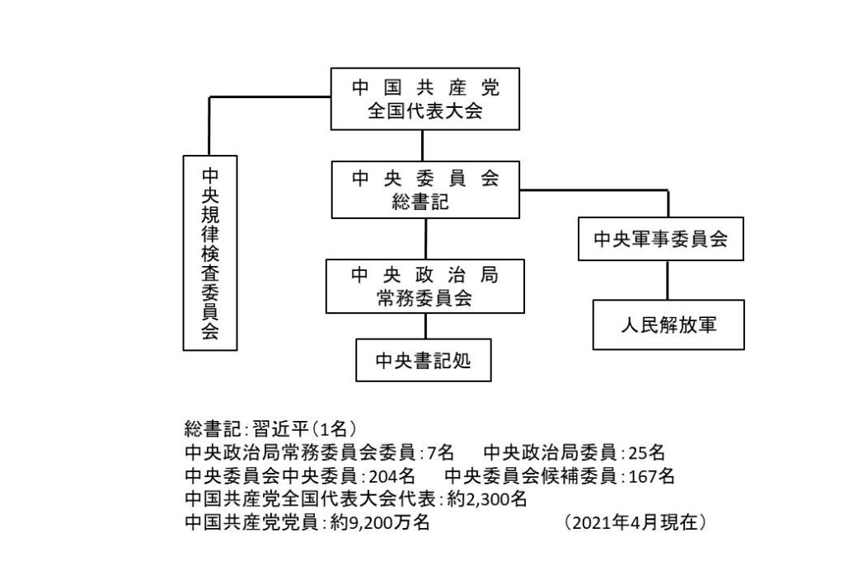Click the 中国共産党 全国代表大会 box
click(x=424, y=99)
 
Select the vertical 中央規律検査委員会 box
click(x=210, y=253)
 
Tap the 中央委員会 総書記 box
click(x=425, y=189)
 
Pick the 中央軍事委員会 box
click(x=661, y=239)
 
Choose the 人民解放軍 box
click(x=668, y=325)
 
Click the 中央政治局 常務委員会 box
click(x=425, y=286)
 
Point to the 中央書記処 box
click(x=424, y=360)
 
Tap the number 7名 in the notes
click(x=440, y=453)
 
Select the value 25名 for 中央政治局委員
click(x=646, y=453)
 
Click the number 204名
click(x=392, y=476)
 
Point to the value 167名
click(x=651, y=476)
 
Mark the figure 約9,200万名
click(x=379, y=522)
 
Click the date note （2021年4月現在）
click(x=635, y=522)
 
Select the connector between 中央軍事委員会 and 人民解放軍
click(x=668, y=280)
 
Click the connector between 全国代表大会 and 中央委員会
click(x=423, y=145)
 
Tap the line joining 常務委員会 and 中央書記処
click(x=426, y=326)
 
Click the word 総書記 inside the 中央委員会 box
click(x=420, y=202)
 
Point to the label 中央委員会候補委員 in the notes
click(x=532, y=476)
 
